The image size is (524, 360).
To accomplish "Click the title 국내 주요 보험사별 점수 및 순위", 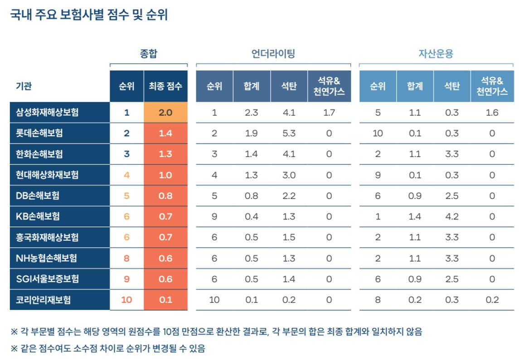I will tap(89, 15).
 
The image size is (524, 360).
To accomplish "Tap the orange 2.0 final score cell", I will tap(165, 112).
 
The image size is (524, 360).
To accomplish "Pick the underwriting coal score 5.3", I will tap(289, 133).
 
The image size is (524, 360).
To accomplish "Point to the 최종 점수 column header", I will tap(165, 86).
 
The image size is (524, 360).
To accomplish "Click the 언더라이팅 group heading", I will tap(273, 54).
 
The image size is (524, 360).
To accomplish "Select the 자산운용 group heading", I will tap(436, 54).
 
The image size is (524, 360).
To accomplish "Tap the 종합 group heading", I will tap(149, 54).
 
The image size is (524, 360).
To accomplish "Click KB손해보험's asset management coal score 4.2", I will tap(452, 217).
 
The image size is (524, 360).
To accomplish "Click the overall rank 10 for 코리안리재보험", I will tap(126, 300).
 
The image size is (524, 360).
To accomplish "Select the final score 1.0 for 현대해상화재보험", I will tap(165, 175).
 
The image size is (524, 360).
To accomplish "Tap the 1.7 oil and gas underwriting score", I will tap(329, 112).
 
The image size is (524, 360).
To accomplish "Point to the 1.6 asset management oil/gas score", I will tap(492, 112).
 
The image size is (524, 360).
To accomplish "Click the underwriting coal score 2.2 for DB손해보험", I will tap(289, 196).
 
